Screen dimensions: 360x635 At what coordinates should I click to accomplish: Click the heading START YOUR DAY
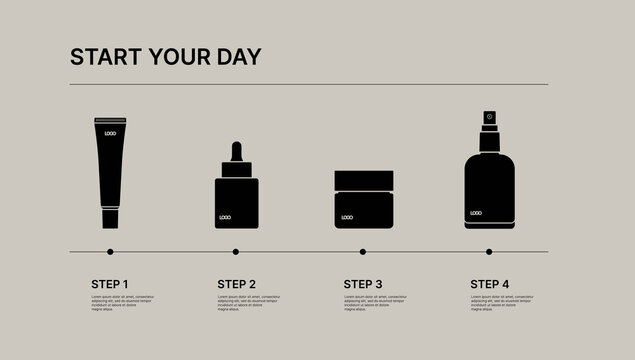point(165,57)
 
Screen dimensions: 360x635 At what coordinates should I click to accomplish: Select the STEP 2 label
point(236,284)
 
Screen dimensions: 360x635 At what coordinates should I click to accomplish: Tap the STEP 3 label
point(363,284)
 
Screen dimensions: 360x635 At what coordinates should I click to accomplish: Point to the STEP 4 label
point(489,284)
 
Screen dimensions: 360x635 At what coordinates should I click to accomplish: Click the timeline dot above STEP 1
point(110,252)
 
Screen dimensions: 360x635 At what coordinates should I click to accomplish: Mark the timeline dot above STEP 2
point(236,252)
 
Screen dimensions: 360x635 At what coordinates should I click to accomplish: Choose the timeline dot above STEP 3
point(363,252)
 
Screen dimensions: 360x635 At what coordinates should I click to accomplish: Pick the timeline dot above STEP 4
point(489,252)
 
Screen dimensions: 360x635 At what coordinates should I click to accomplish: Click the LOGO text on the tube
point(110,133)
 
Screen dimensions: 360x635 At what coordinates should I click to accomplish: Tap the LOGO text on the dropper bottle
point(226,217)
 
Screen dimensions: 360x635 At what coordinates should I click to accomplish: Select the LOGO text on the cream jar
point(347,217)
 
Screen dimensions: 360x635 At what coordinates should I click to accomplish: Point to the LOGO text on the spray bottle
point(475,213)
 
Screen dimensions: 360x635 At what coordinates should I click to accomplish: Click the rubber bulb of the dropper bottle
point(236,152)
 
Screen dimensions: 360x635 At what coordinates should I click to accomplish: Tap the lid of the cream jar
point(363,181)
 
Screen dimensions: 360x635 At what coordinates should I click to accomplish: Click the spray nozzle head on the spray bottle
point(489,117)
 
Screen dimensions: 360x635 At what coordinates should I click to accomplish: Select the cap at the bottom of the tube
point(110,218)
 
